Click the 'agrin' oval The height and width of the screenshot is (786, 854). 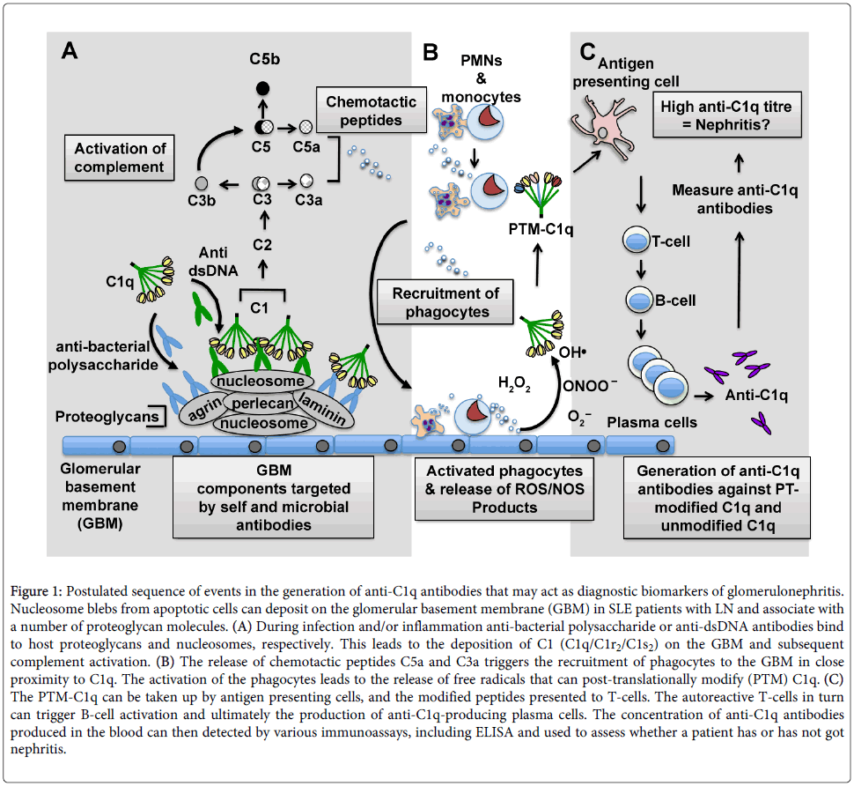click(x=202, y=411)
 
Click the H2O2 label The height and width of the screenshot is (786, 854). click(x=514, y=383)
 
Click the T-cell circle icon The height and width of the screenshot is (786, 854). click(x=636, y=241)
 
